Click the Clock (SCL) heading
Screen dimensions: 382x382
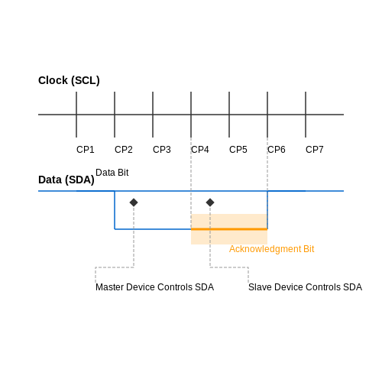coord(69,80)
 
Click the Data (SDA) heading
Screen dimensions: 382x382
coord(66,180)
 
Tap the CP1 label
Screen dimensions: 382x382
coord(86,150)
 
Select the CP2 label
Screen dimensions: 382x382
coord(124,150)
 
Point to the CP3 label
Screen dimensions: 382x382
coord(162,150)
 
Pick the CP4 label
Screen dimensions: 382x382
coord(200,150)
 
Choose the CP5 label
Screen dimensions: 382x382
coord(238,150)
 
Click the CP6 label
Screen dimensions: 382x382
coord(277,150)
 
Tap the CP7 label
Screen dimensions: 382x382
coord(315,150)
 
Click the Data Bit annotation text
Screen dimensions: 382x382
coord(112,173)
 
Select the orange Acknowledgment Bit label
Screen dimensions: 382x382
coord(272,249)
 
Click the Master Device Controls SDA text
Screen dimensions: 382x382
coord(154,287)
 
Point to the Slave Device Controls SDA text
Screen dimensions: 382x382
coord(305,287)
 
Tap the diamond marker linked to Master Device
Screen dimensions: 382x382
coord(134,202)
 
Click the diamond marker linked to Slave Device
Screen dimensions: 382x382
coord(210,202)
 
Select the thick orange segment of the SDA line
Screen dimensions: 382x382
coord(229,229)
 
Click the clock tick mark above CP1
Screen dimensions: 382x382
coord(76,115)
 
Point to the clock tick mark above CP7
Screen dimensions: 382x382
coord(306,115)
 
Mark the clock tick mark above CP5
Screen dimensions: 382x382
coord(229,115)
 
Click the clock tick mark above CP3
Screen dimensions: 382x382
coord(153,115)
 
